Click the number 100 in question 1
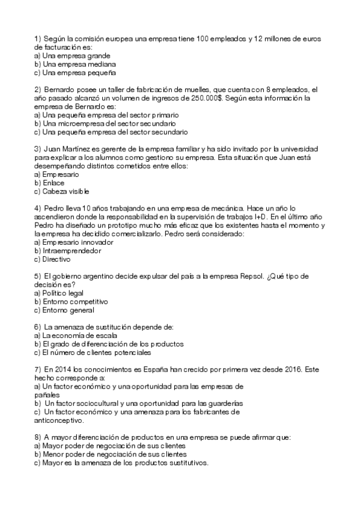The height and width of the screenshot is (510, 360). pos(203,38)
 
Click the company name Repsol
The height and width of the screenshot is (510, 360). pos(251,275)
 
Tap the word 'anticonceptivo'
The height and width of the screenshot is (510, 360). pos(58,420)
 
